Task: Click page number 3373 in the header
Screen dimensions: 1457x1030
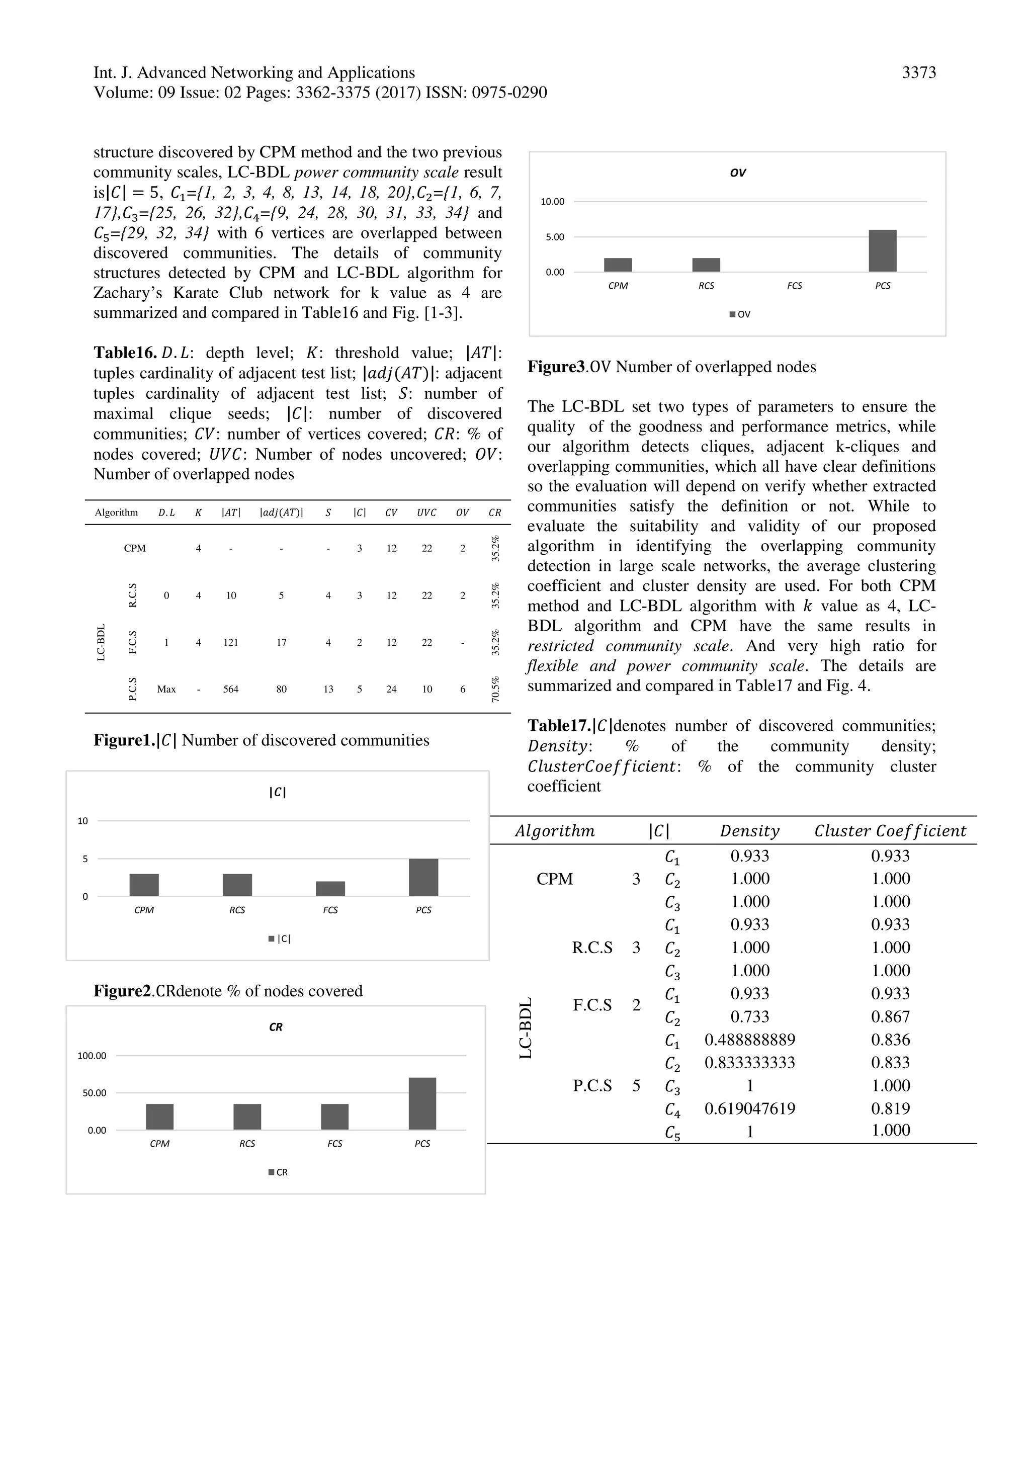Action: pos(918,73)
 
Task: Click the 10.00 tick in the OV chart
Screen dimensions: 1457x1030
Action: pos(552,202)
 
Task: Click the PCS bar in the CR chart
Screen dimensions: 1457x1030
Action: pos(422,1103)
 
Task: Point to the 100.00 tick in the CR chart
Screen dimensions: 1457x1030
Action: pos(92,1056)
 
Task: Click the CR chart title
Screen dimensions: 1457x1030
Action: pos(276,1027)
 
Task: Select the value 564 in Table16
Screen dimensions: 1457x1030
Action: pos(230,689)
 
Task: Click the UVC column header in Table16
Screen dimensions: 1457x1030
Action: pos(426,513)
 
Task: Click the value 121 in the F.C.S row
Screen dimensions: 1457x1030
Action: pos(230,642)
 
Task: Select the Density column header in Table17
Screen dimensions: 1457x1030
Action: pos(749,831)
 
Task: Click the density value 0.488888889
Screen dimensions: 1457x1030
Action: pos(749,1040)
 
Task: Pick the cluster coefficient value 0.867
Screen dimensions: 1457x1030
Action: pos(890,1016)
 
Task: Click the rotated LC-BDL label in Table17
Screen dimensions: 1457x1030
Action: pos(526,1028)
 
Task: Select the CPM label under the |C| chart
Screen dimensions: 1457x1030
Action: pos(144,910)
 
